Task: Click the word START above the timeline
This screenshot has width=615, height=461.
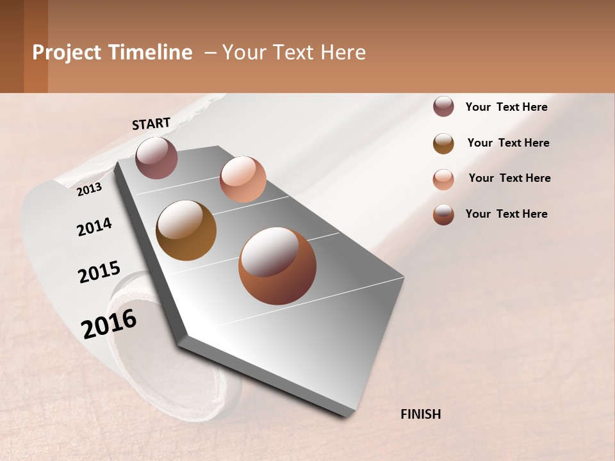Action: [151, 124]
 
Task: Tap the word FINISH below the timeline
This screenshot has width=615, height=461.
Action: [420, 414]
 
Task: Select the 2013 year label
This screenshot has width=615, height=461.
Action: [90, 189]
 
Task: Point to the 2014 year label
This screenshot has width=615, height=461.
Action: [94, 227]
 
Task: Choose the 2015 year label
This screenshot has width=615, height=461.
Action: [99, 272]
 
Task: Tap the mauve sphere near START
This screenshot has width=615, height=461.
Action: [156, 158]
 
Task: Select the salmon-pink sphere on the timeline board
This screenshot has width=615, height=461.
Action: [243, 179]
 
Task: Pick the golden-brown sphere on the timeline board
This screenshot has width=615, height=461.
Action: [186, 230]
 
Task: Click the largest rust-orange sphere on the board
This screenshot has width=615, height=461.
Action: [277, 266]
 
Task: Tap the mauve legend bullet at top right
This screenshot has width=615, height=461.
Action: [443, 107]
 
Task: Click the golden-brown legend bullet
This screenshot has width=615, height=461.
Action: [443, 143]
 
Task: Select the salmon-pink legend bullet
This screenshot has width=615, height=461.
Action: [443, 179]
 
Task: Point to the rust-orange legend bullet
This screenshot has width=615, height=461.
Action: [443, 214]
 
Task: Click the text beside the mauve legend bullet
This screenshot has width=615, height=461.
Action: [506, 108]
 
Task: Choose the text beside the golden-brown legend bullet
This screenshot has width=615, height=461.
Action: [508, 143]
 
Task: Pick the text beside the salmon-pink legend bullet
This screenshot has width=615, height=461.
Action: [509, 178]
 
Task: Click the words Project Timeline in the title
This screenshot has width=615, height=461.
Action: [112, 53]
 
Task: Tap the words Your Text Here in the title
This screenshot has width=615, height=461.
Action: [294, 53]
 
